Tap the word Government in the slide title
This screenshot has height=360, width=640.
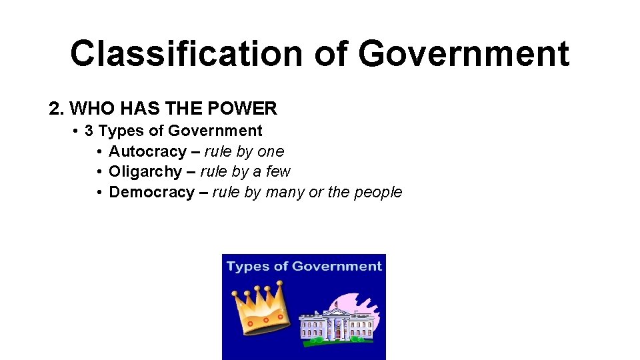(464, 54)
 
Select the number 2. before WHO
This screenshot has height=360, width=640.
(56, 109)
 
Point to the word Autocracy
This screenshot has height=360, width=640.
(147, 151)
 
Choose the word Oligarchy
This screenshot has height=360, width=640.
(145, 171)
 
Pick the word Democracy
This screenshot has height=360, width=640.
(151, 192)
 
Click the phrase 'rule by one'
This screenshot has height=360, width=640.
(244, 151)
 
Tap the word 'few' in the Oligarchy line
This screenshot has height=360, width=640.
(278, 171)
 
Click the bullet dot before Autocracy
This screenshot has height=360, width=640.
(98, 151)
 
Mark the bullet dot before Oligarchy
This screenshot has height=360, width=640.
(98, 171)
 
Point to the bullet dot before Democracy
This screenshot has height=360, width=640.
(98, 192)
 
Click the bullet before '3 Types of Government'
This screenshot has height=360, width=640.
(77, 131)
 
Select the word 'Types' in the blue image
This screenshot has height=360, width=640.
(247, 267)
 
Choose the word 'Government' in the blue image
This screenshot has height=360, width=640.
(337, 266)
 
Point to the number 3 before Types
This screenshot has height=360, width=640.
(89, 131)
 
